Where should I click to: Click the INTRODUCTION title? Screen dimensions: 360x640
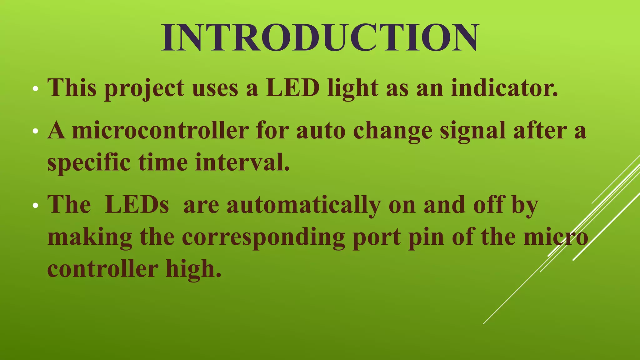320,37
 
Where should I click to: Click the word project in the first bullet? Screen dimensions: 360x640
144,88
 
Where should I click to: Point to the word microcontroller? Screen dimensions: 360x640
160,130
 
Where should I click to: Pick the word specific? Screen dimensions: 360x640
89,162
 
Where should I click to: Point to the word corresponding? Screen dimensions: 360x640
263,237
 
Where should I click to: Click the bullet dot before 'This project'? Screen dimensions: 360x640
36,89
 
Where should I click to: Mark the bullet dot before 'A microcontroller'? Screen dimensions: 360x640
36,132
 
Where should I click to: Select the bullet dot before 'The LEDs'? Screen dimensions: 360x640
36,206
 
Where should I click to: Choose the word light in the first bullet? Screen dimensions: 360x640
353,88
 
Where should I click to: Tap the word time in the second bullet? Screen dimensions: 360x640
163,162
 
